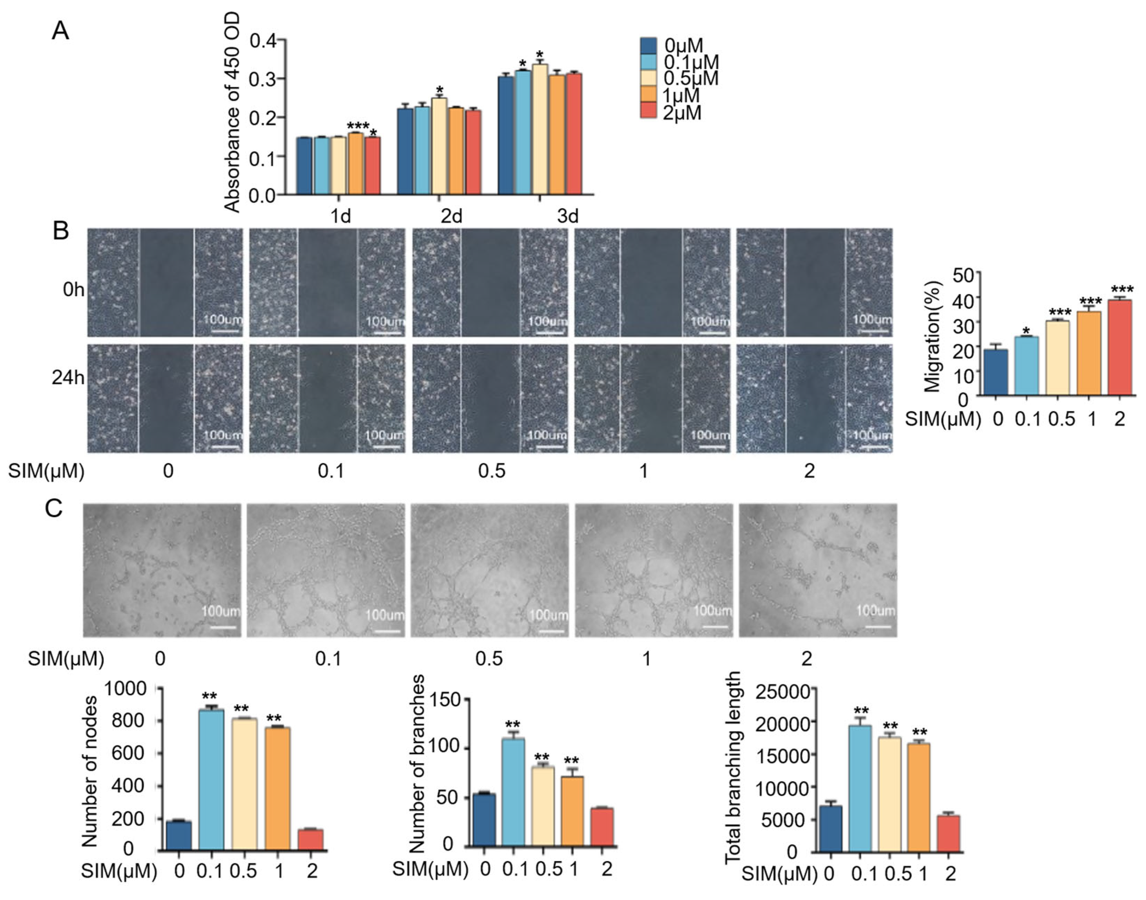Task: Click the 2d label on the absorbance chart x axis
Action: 451,216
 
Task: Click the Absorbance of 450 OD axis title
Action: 232,113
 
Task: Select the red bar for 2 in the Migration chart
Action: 1119,347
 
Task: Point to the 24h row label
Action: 67,377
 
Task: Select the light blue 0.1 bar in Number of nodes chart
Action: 211,780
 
